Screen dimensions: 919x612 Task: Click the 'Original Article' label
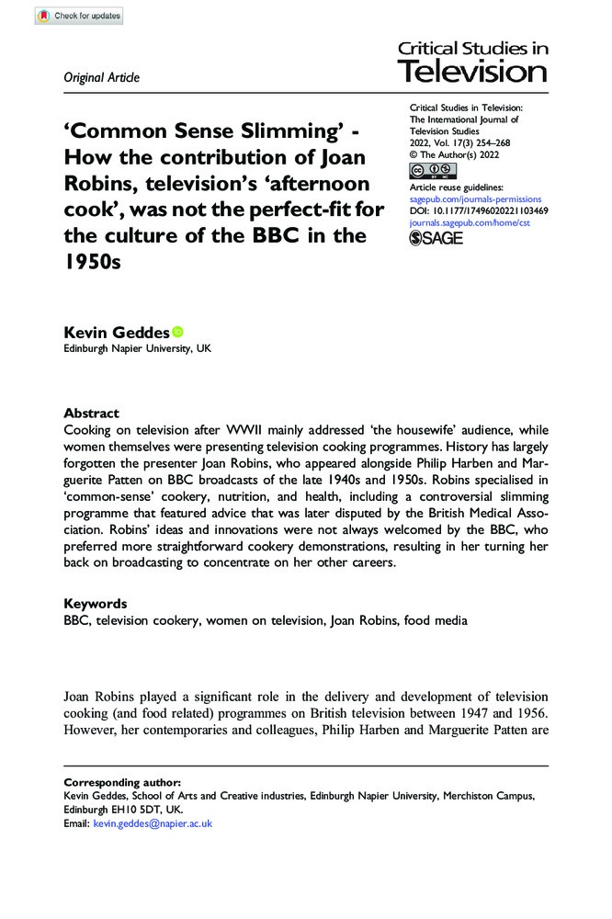point(101,78)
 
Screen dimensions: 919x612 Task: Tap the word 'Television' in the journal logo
point(471,72)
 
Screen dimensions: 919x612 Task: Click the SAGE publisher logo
point(436,238)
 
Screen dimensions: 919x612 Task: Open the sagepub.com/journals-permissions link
point(475,199)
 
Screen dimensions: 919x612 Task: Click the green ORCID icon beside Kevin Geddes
point(177,331)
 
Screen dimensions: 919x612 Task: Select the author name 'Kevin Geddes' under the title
point(116,332)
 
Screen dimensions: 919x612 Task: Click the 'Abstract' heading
point(91,414)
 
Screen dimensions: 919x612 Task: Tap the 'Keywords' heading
point(95,604)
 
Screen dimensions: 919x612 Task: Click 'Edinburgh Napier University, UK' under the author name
point(137,349)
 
